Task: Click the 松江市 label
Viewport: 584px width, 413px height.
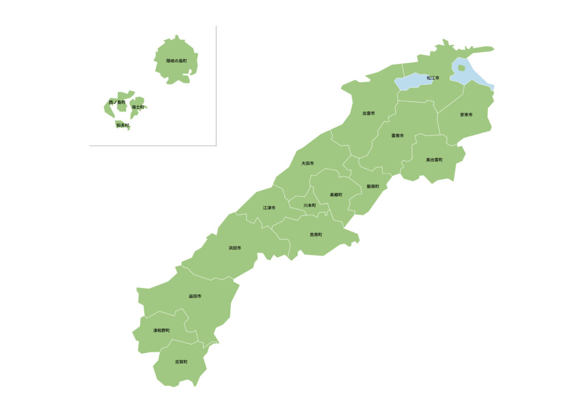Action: [x=433, y=78]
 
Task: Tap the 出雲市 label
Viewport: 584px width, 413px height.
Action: [x=368, y=114]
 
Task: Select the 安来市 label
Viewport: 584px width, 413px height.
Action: [x=466, y=115]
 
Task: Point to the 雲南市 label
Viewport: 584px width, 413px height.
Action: [x=398, y=136]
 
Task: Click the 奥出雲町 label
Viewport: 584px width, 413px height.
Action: [x=434, y=160]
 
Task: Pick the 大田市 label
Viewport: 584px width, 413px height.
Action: [x=307, y=164]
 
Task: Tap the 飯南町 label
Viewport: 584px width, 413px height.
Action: [x=372, y=187]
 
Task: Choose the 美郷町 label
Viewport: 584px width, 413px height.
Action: [x=336, y=195]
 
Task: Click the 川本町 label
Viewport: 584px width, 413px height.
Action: [x=309, y=205]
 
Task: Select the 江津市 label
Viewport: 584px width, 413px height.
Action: [x=269, y=208]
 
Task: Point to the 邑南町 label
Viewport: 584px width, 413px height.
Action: [x=316, y=234]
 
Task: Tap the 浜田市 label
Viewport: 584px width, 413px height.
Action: [x=235, y=248]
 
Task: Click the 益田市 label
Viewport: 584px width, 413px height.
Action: [x=195, y=297]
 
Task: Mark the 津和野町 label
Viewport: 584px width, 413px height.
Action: [x=161, y=331]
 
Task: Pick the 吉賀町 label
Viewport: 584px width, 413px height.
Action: [x=181, y=362]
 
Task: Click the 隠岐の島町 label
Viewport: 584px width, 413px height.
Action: [x=176, y=60]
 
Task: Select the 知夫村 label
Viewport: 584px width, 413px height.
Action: [x=123, y=125]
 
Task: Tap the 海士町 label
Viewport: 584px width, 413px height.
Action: [x=137, y=107]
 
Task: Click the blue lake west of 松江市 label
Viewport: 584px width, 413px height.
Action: [x=412, y=82]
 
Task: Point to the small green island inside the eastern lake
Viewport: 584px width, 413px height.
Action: [x=461, y=68]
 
